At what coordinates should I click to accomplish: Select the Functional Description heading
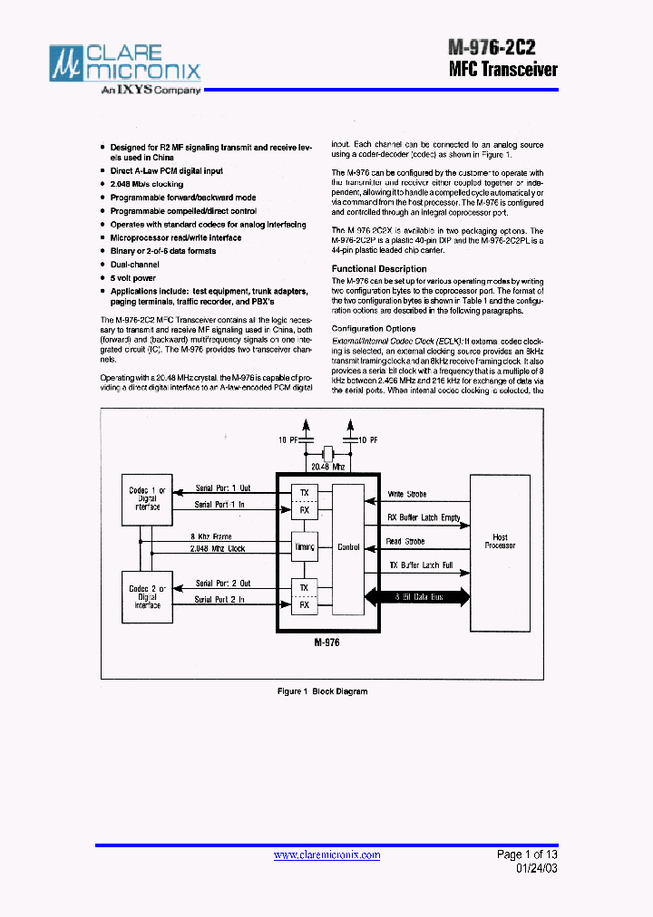379,269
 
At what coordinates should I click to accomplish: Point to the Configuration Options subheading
374,329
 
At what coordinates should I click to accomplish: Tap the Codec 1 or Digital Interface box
147,498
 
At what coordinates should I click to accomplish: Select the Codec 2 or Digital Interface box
147,597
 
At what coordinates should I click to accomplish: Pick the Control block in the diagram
348,547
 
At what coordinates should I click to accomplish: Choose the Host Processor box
500,541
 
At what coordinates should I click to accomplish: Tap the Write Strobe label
406,494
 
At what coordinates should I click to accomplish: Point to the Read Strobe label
405,542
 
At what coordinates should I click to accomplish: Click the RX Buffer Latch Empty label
424,517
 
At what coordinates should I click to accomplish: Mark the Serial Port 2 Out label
223,584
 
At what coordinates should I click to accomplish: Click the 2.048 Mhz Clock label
218,549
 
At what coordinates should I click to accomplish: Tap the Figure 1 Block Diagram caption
322,691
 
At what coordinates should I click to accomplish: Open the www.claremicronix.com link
326,855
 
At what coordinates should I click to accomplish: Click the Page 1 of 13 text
527,854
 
